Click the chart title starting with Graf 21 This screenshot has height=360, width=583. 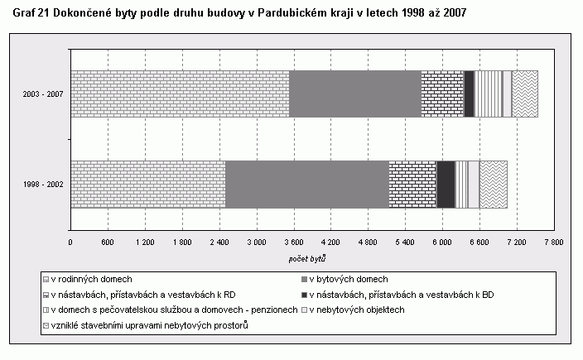[x=244, y=15]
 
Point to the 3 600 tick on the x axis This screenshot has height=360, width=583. [x=292, y=242]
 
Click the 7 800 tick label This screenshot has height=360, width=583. [x=552, y=242]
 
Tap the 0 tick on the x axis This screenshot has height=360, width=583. [x=70, y=242]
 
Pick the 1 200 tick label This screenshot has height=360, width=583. [x=144, y=242]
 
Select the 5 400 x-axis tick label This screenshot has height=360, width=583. [x=404, y=242]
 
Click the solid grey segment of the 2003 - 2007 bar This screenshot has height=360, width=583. [x=354, y=94]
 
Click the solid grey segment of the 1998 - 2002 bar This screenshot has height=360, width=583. [x=306, y=184]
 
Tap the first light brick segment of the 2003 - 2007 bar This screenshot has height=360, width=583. [x=180, y=94]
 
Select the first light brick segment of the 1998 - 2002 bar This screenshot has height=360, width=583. [x=147, y=184]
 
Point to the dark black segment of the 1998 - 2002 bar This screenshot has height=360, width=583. [x=446, y=184]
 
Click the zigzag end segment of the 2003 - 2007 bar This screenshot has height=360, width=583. [x=525, y=94]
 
